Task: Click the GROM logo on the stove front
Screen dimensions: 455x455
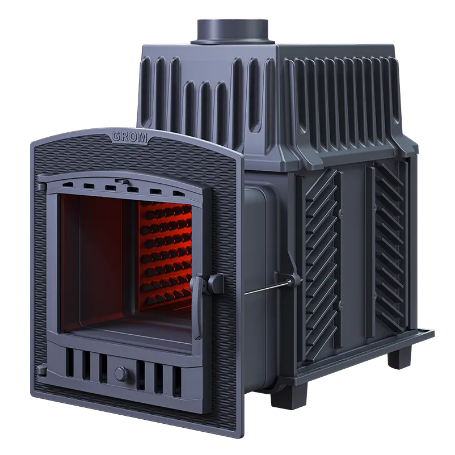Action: [x=130, y=136]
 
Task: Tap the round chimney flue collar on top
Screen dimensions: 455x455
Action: [x=233, y=31]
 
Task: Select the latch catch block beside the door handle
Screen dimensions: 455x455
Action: [x=215, y=283]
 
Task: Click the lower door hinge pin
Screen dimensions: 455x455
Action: [x=41, y=370]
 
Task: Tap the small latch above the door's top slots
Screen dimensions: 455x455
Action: [x=122, y=182]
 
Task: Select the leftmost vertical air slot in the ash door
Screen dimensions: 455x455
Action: [x=70, y=363]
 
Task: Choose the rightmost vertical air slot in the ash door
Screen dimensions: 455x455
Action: [x=176, y=382]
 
